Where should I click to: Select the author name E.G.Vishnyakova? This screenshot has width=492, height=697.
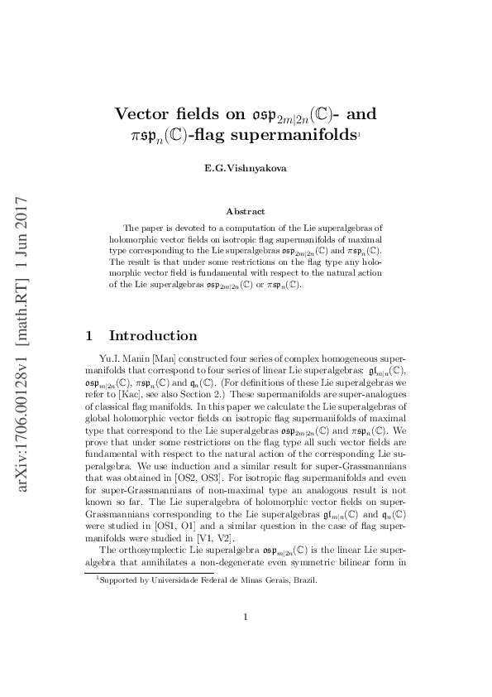(246, 168)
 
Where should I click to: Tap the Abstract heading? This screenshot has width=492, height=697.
(246, 212)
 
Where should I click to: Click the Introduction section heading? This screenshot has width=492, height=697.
(153, 336)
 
